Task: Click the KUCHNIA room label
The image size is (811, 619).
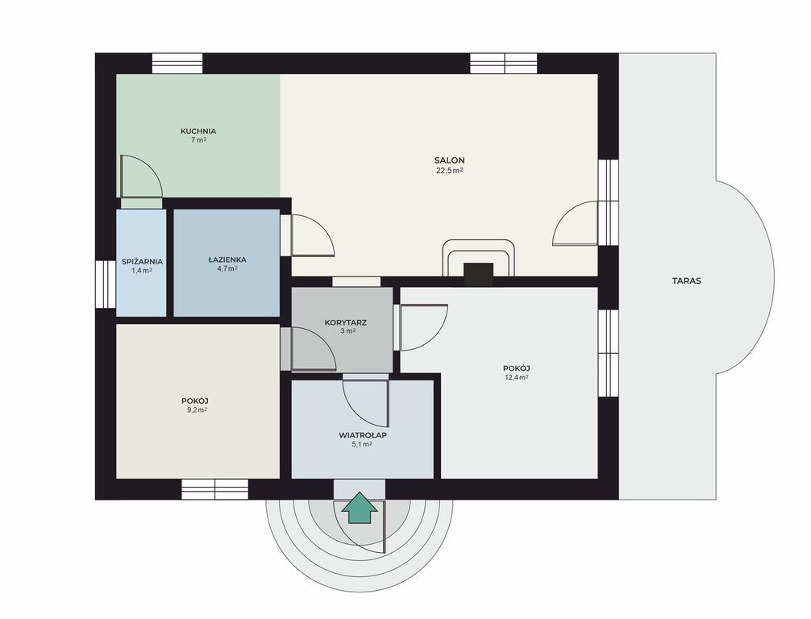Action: point(198,131)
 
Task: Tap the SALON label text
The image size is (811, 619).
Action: point(450,160)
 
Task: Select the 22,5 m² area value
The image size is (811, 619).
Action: point(450,171)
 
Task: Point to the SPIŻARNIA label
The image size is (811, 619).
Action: point(142,262)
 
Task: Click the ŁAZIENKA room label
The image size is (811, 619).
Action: point(227,260)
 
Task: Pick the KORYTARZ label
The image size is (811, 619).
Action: point(346,322)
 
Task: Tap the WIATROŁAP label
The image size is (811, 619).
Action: point(363,435)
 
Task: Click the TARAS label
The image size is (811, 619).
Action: point(686,281)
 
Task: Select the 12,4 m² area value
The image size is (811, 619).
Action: point(516,377)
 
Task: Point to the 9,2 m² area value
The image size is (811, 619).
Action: point(197,410)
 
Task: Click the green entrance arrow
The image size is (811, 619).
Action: point(360,508)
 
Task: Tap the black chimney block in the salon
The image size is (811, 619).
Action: point(478,275)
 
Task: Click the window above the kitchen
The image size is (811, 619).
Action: point(177,64)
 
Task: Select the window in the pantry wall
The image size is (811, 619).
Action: point(106,284)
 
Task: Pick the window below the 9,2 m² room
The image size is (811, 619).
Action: point(214,490)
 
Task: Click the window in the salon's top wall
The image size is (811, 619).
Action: point(504,64)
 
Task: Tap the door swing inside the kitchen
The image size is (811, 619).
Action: point(141,176)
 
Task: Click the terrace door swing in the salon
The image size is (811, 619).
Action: point(575,223)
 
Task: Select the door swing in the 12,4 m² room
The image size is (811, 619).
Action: point(423,327)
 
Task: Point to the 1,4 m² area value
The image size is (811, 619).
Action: point(142,271)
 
